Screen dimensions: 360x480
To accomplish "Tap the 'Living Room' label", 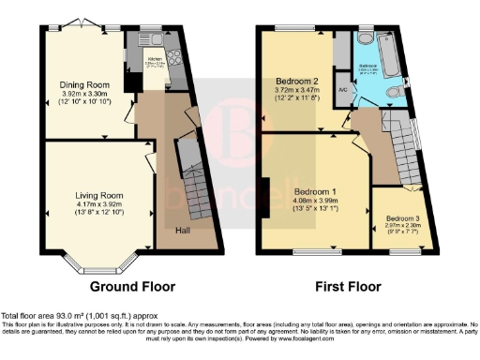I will (97, 195).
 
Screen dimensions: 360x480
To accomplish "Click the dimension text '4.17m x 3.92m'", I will (97, 204).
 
